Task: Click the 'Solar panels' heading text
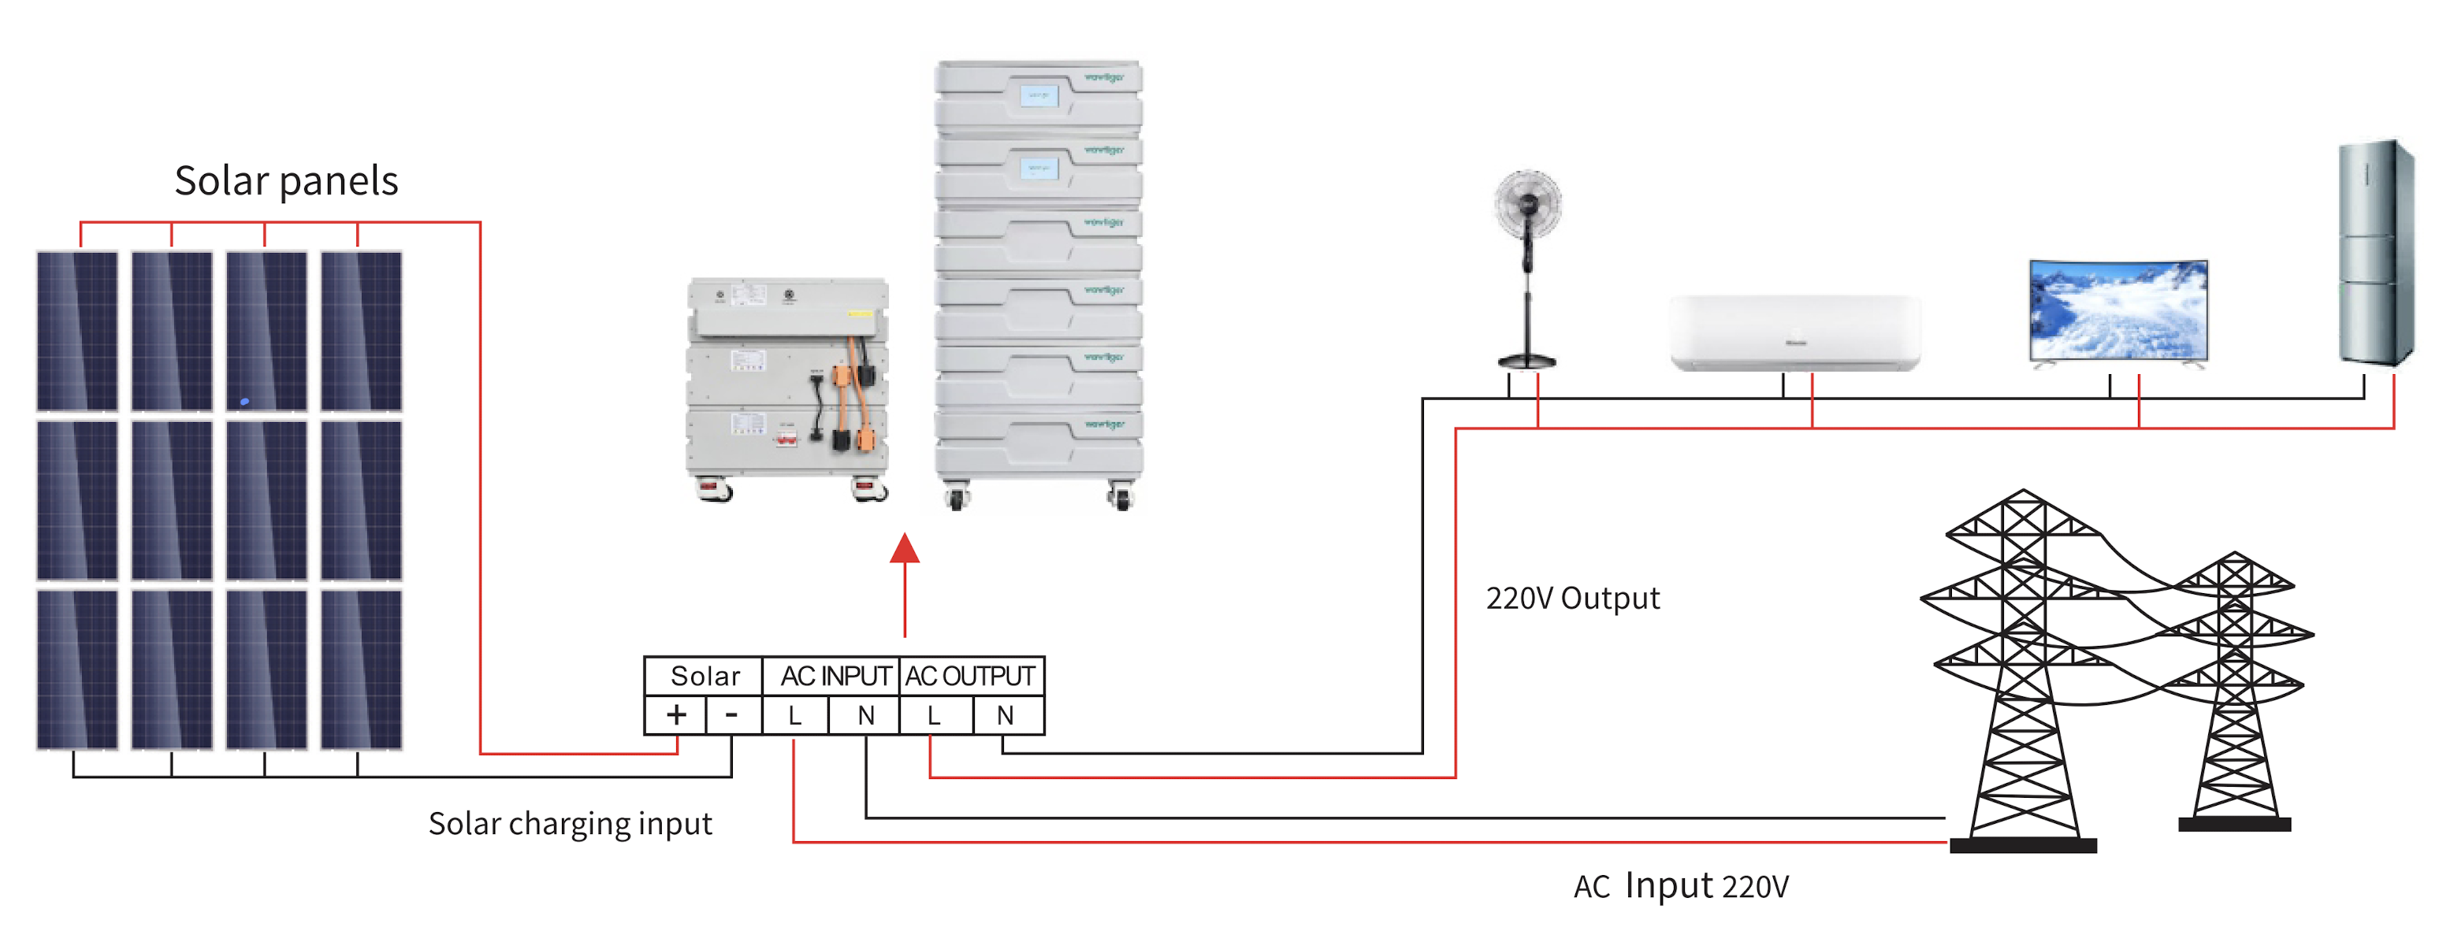click(x=286, y=181)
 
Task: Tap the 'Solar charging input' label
click(x=570, y=824)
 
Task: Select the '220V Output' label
click(x=1573, y=598)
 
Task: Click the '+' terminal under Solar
click(x=676, y=715)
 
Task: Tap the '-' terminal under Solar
click(x=731, y=715)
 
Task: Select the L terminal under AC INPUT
click(x=794, y=715)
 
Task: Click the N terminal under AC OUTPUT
click(x=1005, y=715)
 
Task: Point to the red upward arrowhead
click(x=904, y=549)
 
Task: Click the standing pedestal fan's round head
click(x=1528, y=204)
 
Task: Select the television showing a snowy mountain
click(x=2118, y=310)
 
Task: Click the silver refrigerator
click(x=2375, y=252)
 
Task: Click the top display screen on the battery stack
click(x=1039, y=95)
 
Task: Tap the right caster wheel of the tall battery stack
click(x=1122, y=498)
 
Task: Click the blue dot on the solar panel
click(x=245, y=402)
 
